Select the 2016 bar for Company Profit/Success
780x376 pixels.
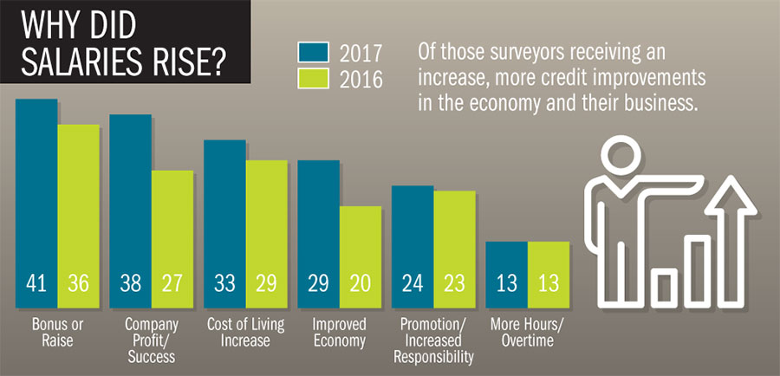[172, 234]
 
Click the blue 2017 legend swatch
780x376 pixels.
[311, 52]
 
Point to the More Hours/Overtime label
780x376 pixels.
[527, 332]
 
